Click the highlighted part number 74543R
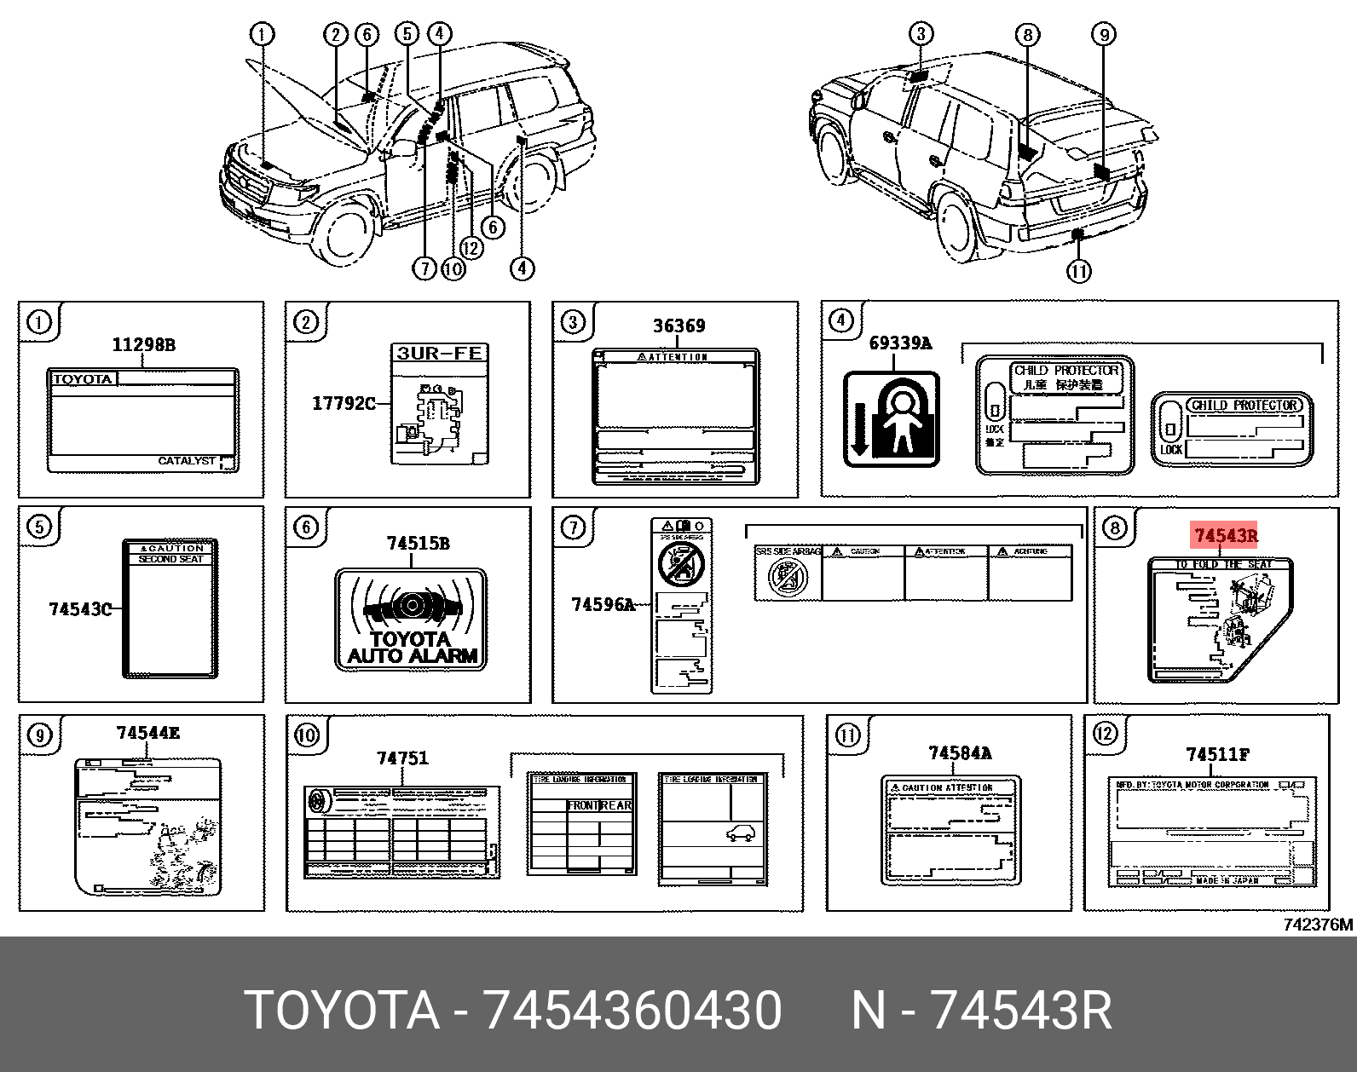1225,536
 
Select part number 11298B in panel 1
143,345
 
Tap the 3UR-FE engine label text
440,353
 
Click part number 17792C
344,403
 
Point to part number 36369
678,326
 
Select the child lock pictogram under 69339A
891,418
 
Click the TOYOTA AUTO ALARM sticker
412,620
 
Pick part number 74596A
603,605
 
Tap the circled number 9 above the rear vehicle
1104,35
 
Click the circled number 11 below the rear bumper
1078,271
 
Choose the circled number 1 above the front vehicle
262,34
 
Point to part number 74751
402,758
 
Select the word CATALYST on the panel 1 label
187,461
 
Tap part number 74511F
1218,755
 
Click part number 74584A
960,753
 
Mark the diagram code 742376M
1317,925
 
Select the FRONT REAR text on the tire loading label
599,805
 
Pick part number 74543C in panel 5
80,609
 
